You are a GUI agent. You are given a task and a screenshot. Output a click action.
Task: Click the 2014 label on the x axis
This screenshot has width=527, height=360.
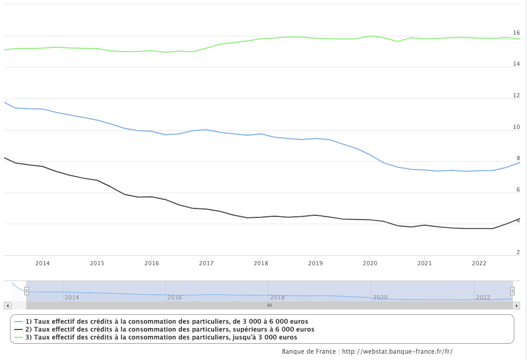[42, 263]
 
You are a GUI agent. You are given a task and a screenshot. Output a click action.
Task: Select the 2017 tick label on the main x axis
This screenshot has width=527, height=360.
[206, 263]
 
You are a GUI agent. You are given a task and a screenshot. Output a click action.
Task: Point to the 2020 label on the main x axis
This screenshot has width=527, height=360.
[370, 263]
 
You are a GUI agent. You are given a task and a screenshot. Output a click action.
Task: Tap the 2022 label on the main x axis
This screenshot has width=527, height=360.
[479, 263]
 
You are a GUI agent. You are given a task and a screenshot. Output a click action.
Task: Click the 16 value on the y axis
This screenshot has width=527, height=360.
[516, 33]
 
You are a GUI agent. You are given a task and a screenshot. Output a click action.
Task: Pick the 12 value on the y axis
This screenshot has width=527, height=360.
[516, 95]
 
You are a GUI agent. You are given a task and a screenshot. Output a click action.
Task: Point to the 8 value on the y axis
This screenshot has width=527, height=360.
[518, 158]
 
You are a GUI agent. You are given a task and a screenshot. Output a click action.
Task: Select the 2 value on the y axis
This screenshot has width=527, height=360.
[518, 252]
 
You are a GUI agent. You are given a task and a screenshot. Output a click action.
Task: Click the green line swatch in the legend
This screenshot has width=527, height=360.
[18, 337]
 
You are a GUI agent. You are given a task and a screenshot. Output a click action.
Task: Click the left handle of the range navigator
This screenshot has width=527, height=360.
[26, 291]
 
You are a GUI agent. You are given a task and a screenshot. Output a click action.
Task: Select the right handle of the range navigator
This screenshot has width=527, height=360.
[512, 291]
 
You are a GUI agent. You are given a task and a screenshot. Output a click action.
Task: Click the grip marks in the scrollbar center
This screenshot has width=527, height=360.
[269, 305]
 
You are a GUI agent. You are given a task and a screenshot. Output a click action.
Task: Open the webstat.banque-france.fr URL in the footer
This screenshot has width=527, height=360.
[397, 352]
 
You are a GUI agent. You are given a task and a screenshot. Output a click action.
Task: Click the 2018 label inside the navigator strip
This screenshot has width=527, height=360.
[277, 297]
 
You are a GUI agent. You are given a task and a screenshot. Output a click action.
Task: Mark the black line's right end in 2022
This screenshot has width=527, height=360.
[519, 219]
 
